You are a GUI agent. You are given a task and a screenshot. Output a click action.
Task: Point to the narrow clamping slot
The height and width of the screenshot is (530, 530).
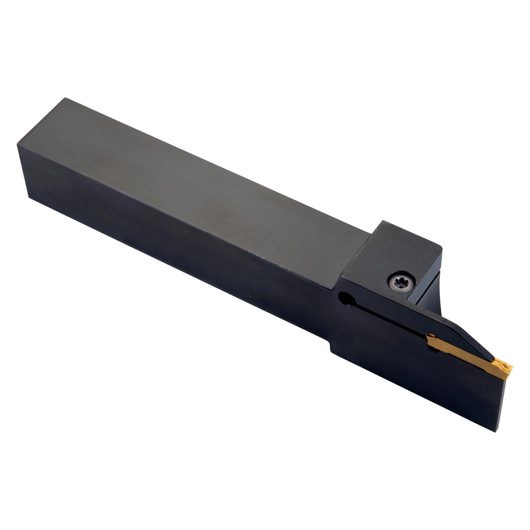click(x=385, y=319)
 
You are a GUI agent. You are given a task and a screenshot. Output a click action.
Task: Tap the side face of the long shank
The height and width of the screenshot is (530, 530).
click(x=166, y=240)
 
